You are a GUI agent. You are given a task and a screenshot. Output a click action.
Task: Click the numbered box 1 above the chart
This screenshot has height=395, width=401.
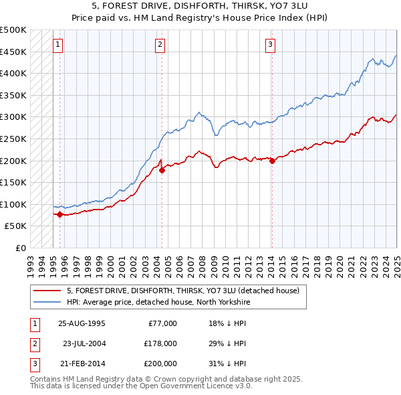pyautogui.click(x=59, y=46)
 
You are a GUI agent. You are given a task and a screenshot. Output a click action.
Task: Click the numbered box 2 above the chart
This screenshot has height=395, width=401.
pyautogui.click(x=160, y=46)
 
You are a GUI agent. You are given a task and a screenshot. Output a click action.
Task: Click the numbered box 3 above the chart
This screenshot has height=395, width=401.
pyautogui.click(x=271, y=46)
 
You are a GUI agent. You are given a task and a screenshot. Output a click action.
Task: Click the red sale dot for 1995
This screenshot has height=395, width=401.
pyautogui.click(x=60, y=214)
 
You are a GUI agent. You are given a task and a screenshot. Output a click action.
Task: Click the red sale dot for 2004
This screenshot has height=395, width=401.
pyautogui.click(x=162, y=171)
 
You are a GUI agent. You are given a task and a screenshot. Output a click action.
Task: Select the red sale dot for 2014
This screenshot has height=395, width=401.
pyautogui.click(x=272, y=161)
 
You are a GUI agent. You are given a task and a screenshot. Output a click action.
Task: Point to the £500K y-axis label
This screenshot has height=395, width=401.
pyautogui.click(x=13, y=30)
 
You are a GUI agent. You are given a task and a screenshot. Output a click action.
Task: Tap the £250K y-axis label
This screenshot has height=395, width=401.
pyautogui.click(x=13, y=139)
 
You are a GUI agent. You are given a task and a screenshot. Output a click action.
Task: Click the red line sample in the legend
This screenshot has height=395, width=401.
pyautogui.click(x=47, y=291)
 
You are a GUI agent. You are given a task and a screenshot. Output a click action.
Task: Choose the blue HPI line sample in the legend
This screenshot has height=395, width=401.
pyautogui.click(x=47, y=302)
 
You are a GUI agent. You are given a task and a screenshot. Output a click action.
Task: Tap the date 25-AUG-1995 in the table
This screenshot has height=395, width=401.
pyautogui.click(x=82, y=323)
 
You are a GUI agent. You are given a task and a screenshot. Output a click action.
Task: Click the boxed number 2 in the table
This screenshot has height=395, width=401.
pyautogui.click(x=34, y=343)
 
